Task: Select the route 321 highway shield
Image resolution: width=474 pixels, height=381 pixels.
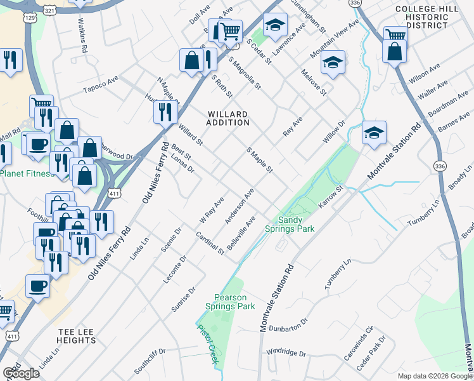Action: pyautogui.click(x=53, y=10)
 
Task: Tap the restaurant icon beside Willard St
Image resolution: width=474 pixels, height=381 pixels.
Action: pyautogui.click(x=163, y=112)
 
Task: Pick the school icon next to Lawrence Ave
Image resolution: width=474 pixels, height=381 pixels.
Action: pyautogui.click(x=274, y=25)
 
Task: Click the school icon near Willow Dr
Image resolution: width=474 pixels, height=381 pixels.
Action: pyautogui.click(x=374, y=133)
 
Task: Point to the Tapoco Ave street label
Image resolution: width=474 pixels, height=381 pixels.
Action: pyautogui.click(x=101, y=84)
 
